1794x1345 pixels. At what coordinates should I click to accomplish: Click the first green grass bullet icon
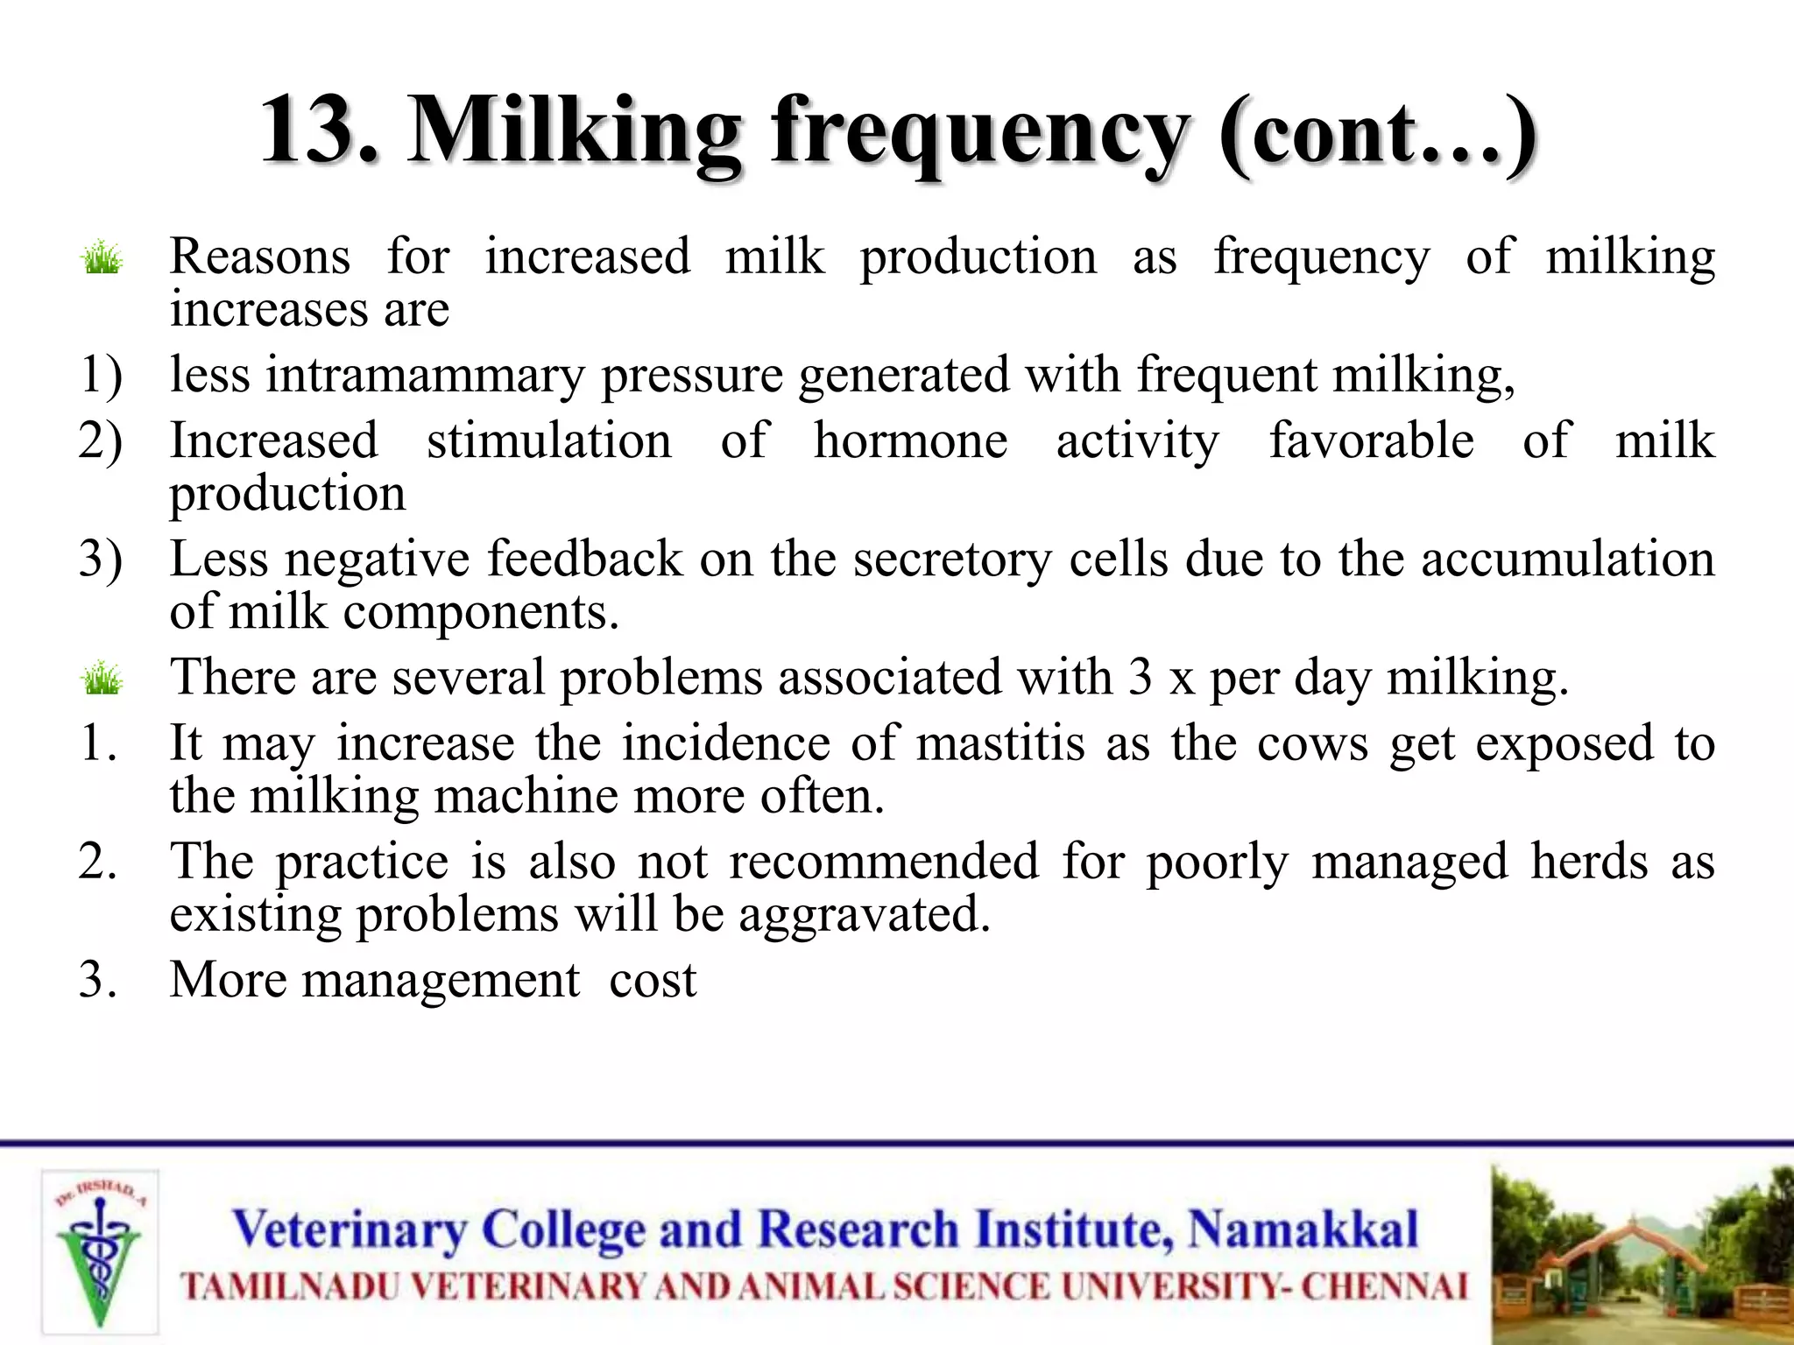102,258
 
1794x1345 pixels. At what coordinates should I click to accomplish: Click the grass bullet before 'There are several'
102,679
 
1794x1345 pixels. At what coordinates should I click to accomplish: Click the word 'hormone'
910,440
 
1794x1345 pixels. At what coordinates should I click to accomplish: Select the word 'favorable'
1372,440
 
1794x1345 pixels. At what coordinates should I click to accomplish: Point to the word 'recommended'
884,862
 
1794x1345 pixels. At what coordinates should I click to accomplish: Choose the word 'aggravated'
864,916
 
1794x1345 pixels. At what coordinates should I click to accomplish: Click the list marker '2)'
100,440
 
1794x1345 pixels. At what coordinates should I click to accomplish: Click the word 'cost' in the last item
653,980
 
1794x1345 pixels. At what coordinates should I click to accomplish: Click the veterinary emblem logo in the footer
100,1252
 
